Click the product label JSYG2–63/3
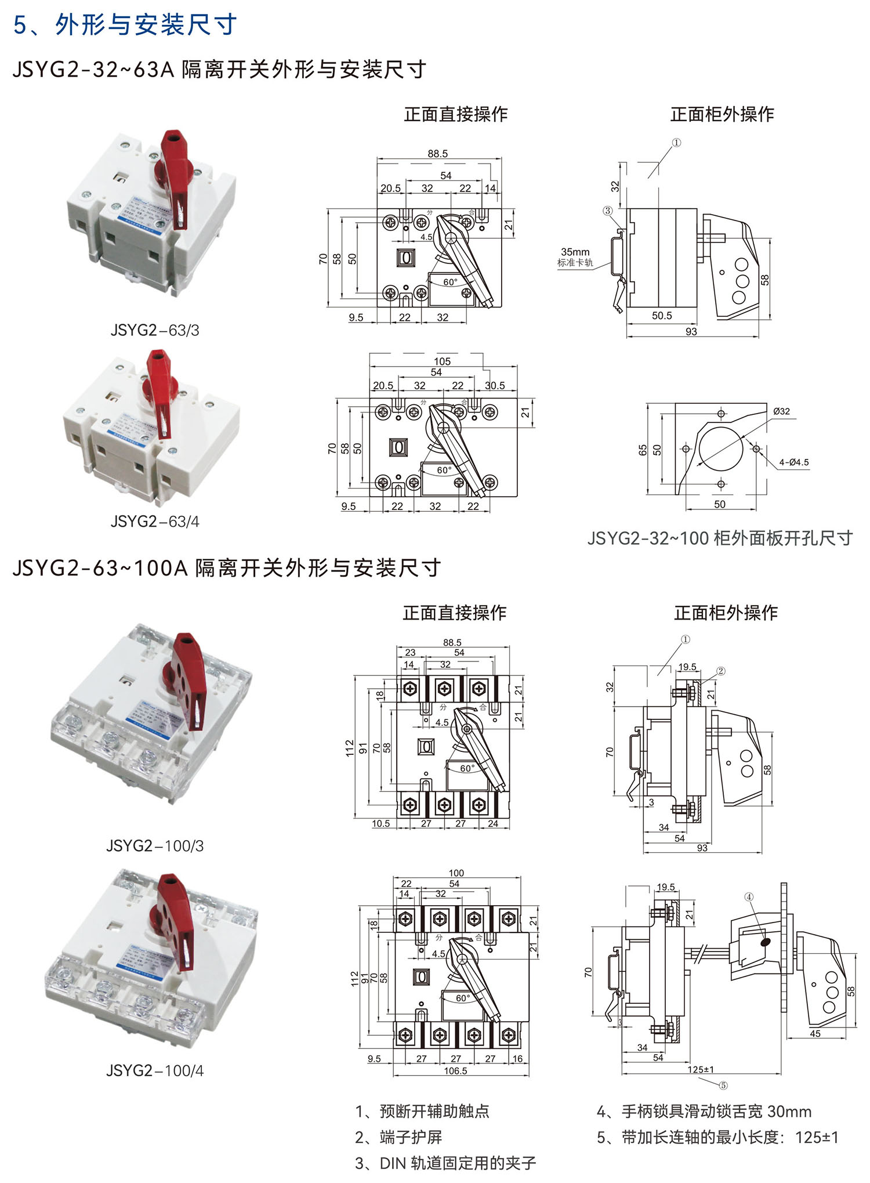click(155, 330)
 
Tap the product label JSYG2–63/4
click(155, 522)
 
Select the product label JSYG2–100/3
click(155, 845)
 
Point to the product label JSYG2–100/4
click(155, 1070)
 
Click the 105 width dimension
click(442, 361)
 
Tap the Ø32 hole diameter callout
click(781, 411)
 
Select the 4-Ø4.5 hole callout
click(793, 462)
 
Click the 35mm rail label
click(575, 252)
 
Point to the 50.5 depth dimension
click(662, 316)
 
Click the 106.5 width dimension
click(455, 1071)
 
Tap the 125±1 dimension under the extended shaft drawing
click(701, 1069)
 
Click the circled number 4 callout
click(749, 897)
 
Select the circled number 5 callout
click(723, 1086)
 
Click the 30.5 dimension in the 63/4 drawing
click(495, 385)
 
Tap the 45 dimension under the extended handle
click(815, 1033)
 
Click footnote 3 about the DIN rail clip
click(445, 1163)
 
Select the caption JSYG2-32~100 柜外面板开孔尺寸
click(720, 538)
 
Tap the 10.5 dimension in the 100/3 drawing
click(380, 823)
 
